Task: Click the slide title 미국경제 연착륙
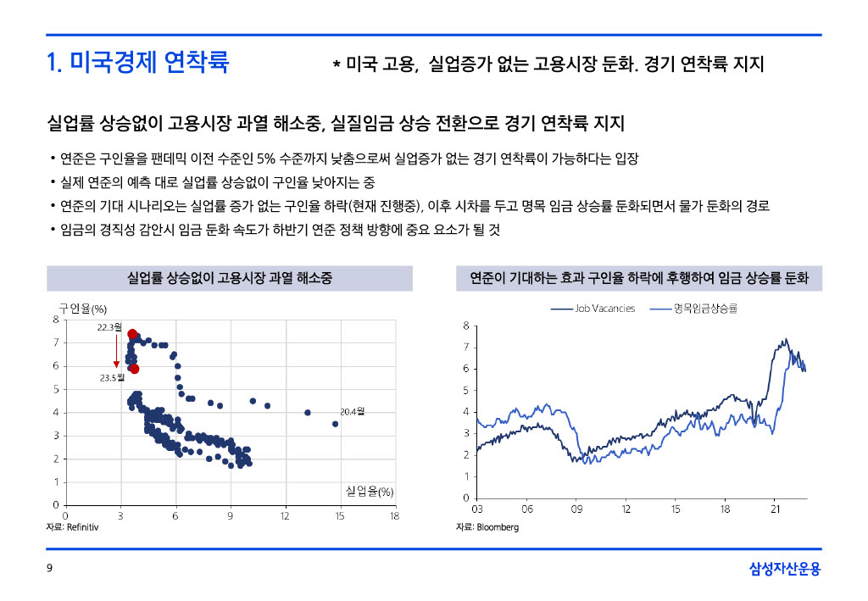pyautogui.click(x=137, y=63)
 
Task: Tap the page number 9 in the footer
pyautogui.click(x=49, y=568)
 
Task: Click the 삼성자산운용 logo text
pyautogui.click(x=785, y=568)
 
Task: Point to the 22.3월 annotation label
pyautogui.click(x=108, y=326)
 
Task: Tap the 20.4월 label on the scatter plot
pyautogui.click(x=352, y=412)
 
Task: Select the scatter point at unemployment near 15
pyautogui.click(x=335, y=424)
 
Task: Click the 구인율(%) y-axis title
pyautogui.click(x=82, y=308)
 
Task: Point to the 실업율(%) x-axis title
pyautogui.click(x=370, y=492)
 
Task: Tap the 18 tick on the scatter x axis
pyautogui.click(x=394, y=515)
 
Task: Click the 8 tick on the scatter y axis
pyautogui.click(x=56, y=320)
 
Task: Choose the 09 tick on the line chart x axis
pyautogui.click(x=576, y=509)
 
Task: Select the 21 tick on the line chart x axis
pyautogui.click(x=775, y=509)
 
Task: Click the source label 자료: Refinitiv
pyautogui.click(x=72, y=527)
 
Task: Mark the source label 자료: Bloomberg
pyautogui.click(x=487, y=527)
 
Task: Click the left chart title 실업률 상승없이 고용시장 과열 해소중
pyautogui.click(x=229, y=278)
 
